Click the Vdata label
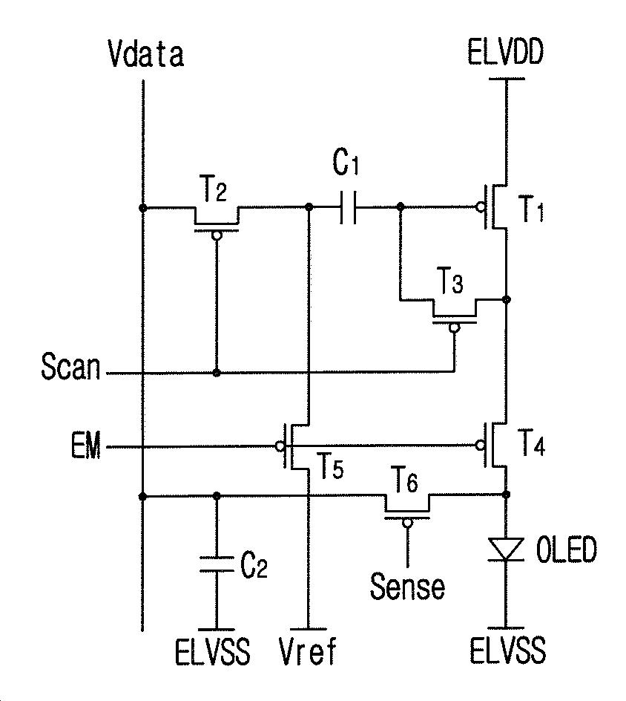tap(145, 54)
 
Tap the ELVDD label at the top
tap(505, 52)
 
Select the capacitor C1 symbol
tap(348, 207)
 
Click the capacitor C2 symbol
tap(217, 564)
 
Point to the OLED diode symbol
tap(506, 549)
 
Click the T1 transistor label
tap(530, 209)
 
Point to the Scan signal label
tap(70, 366)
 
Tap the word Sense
tap(408, 586)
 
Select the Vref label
tap(308, 651)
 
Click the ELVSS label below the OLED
tap(507, 650)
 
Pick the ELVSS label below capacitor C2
tap(213, 651)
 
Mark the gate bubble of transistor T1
tap(481, 207)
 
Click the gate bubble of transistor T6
tap(406, 523)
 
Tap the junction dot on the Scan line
tap(217, 373)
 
